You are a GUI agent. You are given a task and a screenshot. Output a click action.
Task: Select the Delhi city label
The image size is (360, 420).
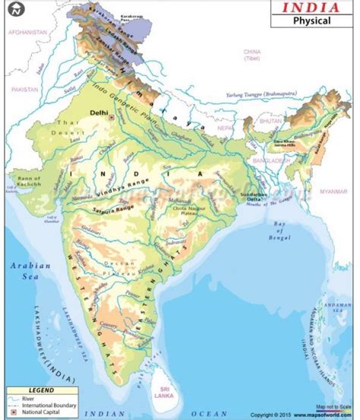point(99,112)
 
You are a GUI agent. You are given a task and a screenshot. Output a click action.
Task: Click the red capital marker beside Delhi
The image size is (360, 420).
point(111,118)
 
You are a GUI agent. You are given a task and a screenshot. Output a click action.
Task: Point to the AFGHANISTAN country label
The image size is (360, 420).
point(28,33)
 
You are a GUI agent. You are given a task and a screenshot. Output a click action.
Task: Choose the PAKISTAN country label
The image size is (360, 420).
point(24,89)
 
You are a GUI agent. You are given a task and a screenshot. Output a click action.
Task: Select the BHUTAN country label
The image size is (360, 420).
point(270,121)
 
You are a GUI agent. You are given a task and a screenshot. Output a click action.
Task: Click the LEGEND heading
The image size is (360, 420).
point(42,389)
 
